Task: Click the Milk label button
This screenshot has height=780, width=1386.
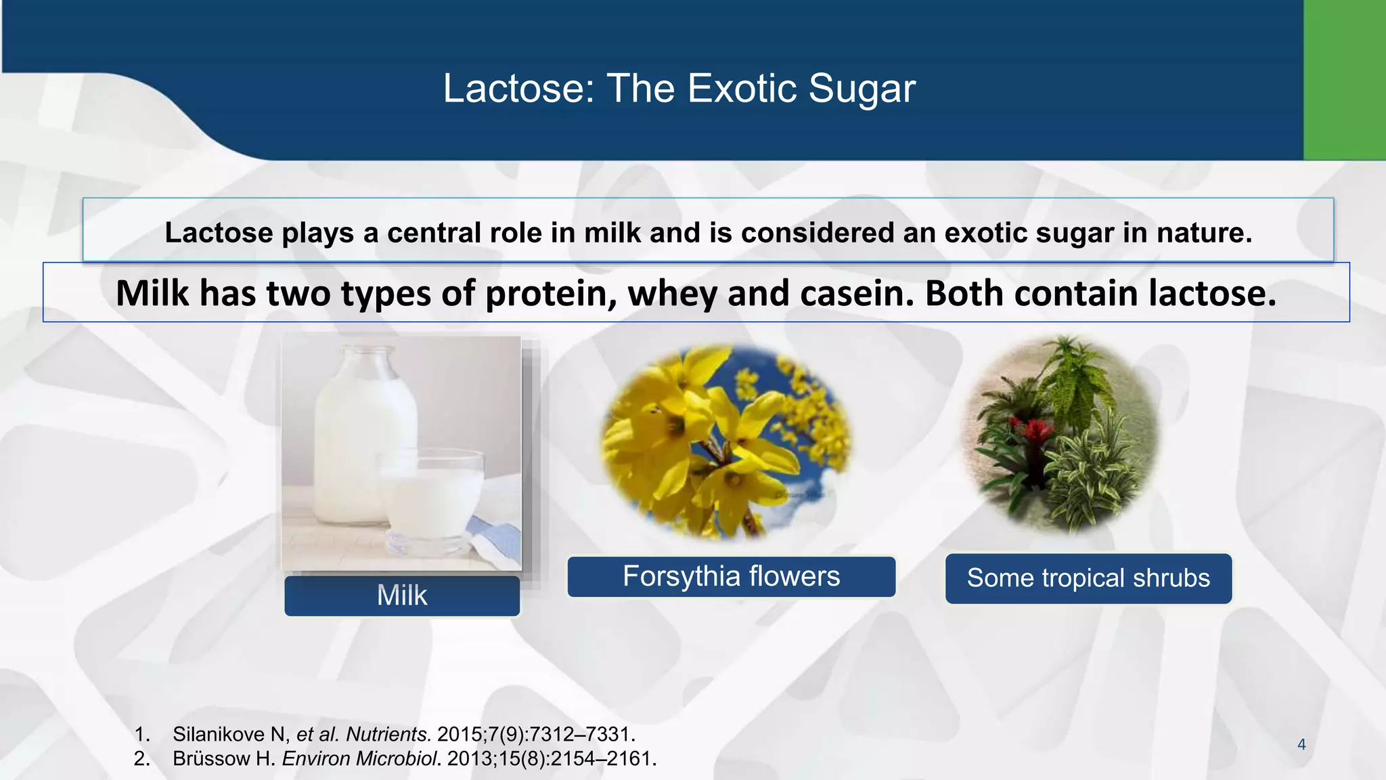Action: (x=402, y=596)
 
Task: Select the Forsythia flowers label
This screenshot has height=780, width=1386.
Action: (x=731, y=577)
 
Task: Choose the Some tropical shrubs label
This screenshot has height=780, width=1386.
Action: (x=1088, y=578)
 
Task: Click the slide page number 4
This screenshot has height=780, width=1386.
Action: (x=1301, y=745)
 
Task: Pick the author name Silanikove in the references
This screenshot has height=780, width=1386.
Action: (x=218, y=734)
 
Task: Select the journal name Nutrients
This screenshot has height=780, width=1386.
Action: (x=388, y=734)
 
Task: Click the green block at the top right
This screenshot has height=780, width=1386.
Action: (x=1344, y=80)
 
